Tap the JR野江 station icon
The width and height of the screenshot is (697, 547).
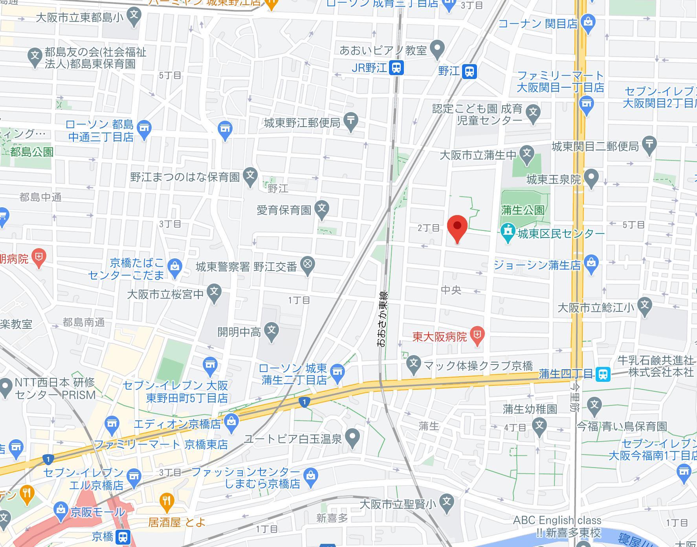point(396,68)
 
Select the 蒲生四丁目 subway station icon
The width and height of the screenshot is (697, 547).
point(603,374)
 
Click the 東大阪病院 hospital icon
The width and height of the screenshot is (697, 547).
point(477,335)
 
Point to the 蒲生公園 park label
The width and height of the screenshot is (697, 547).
point(523,210)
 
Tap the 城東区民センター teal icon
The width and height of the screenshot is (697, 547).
point(508,232)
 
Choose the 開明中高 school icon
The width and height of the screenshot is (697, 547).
point(271,330)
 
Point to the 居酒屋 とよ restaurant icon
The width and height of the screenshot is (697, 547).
point(167,502)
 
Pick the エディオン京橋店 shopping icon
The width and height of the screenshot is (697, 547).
point(231,422)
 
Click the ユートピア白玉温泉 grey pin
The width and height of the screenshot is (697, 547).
point(353,437)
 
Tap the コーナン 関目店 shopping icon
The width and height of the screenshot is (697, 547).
point(588,21)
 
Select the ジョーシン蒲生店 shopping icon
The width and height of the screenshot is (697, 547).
point(591,263)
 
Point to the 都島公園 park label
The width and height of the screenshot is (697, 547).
point(32,152)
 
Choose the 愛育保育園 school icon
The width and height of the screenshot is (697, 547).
point(322,208)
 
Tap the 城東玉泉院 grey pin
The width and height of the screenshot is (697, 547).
point(591,177)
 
